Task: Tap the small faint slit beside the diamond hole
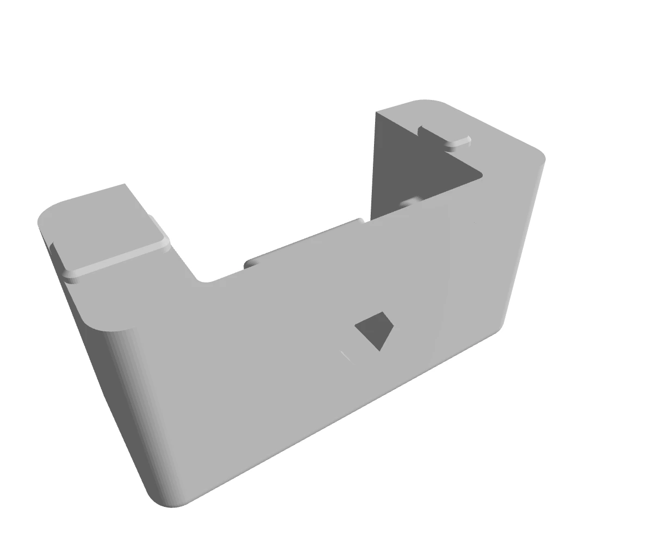[346, 356]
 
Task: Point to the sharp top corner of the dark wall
[376, 112]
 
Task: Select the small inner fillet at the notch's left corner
[204, 280]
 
